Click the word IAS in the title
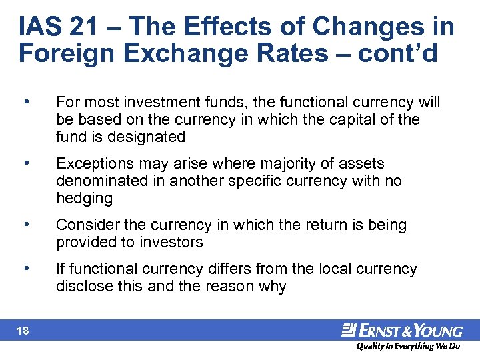coord(40,27)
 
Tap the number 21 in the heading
coord(89,27)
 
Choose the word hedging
coord(84,198)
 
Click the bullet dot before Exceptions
coord(25,163)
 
